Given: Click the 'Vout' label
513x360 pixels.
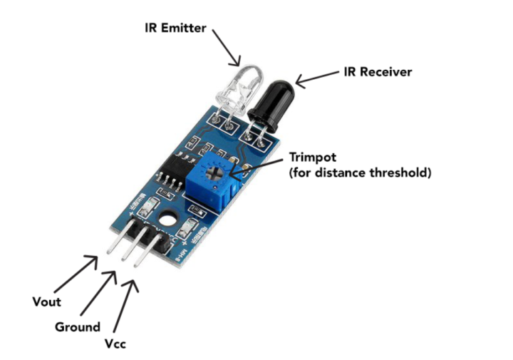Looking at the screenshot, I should pos(46,302).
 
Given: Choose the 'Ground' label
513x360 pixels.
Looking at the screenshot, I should pos(77,327).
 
